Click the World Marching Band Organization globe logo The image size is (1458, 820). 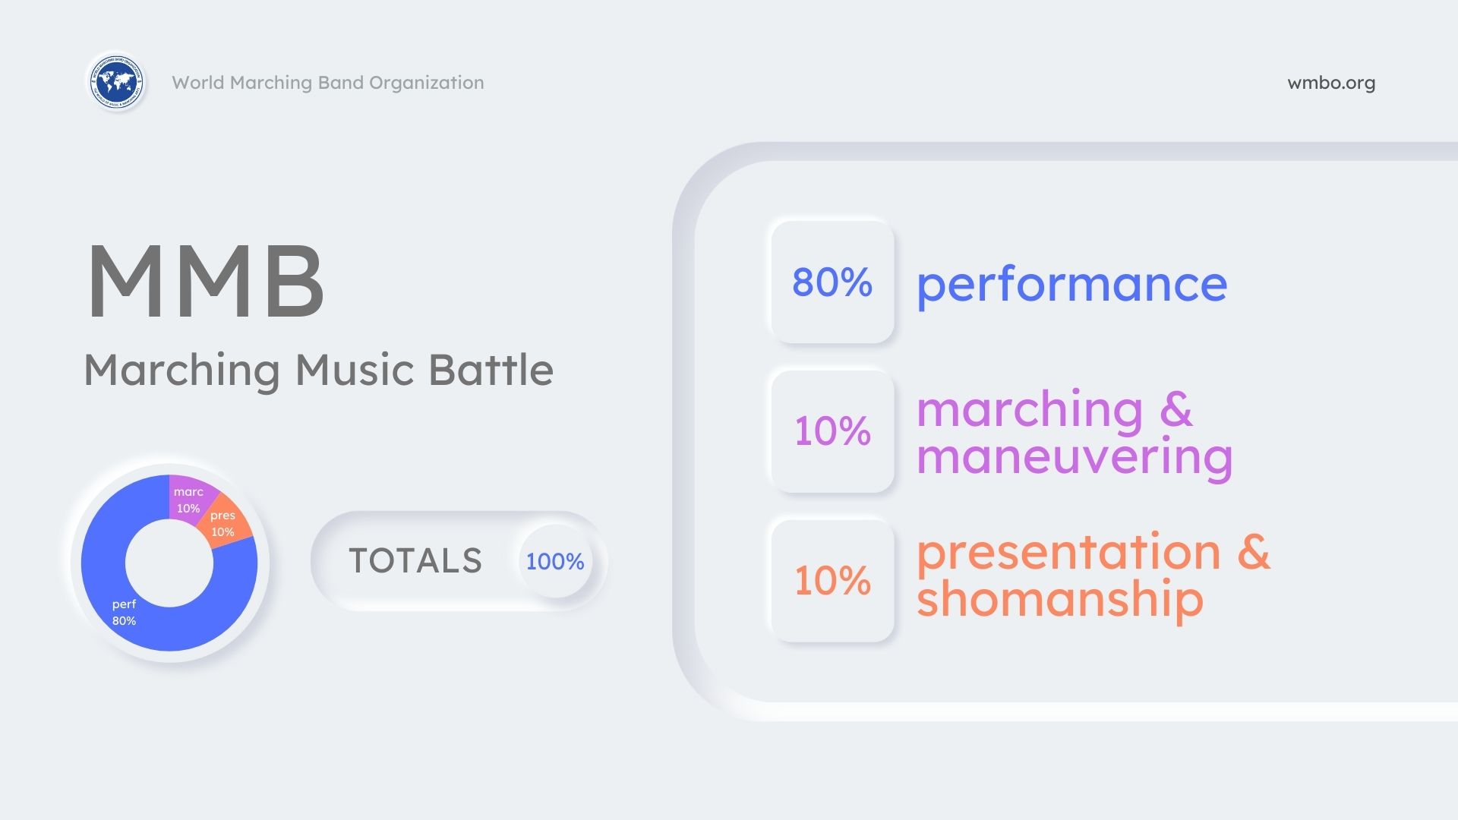click(x=116, y=81)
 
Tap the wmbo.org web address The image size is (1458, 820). click(x=1331, y=83)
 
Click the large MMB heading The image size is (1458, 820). click(x=206, y=282)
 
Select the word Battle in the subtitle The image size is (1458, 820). click(x=491, y=370)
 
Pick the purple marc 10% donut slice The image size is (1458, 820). click(x=190, y=497)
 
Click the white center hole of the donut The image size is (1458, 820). click(x=169, y=563)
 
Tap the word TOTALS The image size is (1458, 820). click(x=415, y=561)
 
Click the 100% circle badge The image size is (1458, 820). click(x=555, y=561)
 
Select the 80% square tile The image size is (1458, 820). click(x=832, y=282)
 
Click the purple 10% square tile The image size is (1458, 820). click(x=832, y=430)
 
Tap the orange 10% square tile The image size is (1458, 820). click(x=832, y=580)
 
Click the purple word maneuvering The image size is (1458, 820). click(x=1075, y=458)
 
